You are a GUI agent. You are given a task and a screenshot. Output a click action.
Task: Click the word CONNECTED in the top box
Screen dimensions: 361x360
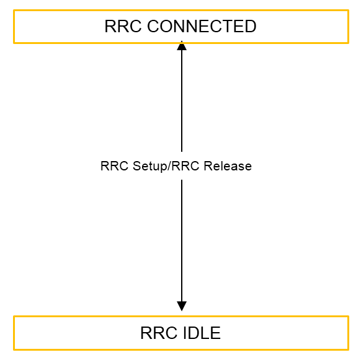pos(202,26)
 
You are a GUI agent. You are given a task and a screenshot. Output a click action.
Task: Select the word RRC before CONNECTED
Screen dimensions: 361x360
pos(123,26)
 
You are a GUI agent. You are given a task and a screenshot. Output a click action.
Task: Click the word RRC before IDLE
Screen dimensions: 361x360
pos(159,333)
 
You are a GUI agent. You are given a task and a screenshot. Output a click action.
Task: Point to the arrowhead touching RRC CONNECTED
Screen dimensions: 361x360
pos(182,46)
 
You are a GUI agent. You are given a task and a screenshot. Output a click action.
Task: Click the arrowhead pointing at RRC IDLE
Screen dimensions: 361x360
pos(182,306)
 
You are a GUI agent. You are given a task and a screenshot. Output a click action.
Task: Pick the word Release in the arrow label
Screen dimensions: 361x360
pos(228,166)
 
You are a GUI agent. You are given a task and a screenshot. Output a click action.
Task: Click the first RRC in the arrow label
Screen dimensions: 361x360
pos(114,166)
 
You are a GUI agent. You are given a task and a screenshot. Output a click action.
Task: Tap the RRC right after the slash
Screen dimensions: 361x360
pos(185,166)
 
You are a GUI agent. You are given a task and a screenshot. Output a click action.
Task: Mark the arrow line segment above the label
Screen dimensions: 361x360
pos(182,101)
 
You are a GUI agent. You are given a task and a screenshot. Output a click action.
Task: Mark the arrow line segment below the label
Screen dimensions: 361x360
pos(182,241)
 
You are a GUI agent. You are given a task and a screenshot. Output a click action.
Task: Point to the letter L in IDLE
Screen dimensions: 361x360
pos(205,333)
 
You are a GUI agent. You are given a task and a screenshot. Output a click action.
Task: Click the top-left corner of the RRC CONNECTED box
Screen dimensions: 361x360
pos(14,10)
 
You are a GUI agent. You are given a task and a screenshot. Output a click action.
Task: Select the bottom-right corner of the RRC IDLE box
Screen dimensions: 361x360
pos(349,349)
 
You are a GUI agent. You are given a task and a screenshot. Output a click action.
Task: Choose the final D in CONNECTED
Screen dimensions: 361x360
pos(251,26)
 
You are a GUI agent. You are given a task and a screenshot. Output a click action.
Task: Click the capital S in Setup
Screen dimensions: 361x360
pos(137,166)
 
